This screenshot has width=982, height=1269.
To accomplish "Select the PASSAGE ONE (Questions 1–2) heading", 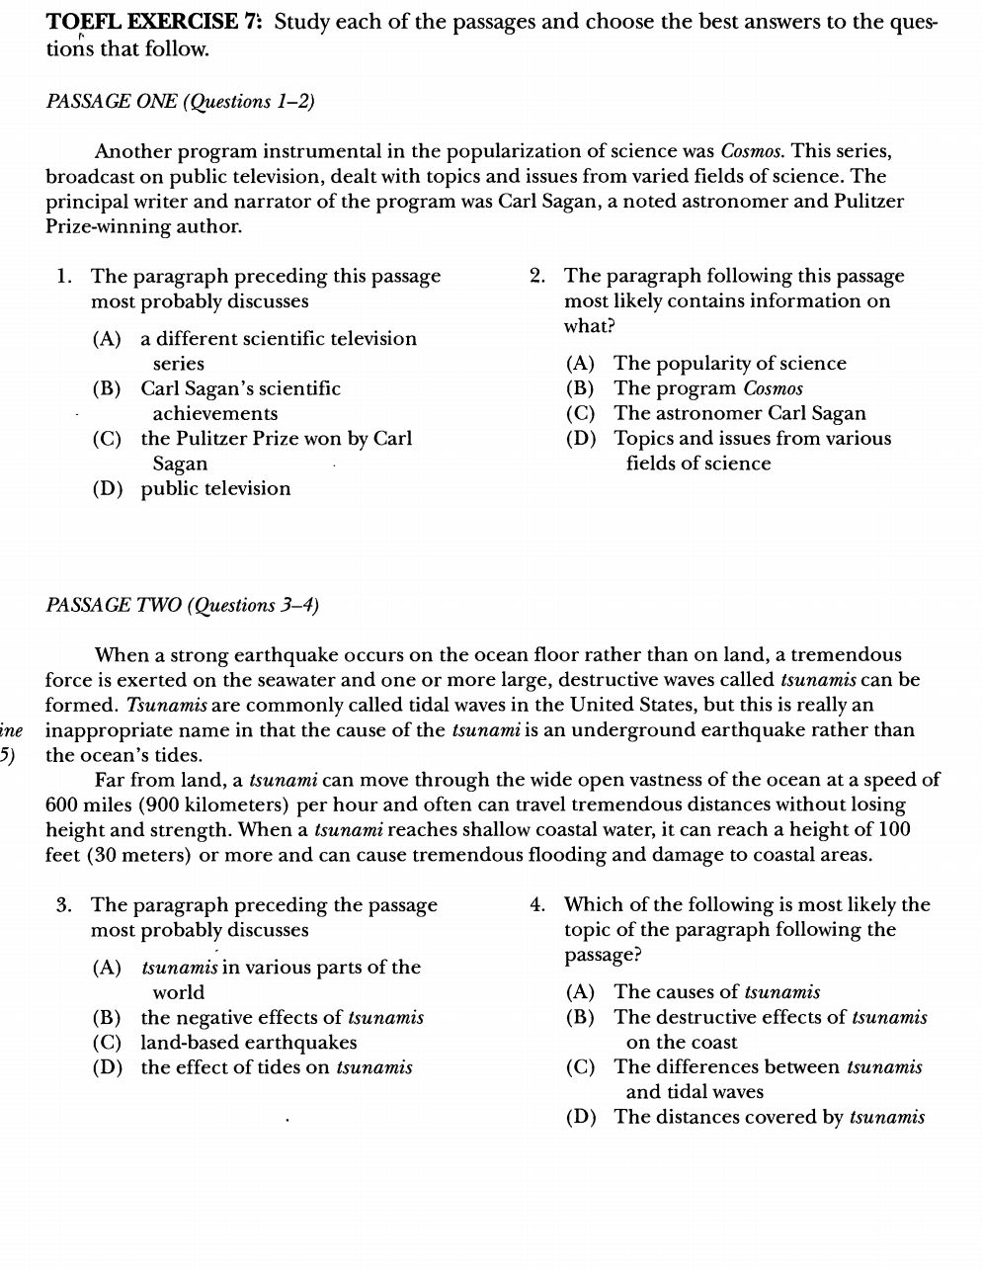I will point(180,102).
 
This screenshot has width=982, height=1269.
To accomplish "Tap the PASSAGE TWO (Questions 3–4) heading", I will point(182,606).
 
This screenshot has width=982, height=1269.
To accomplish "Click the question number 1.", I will point(64,277).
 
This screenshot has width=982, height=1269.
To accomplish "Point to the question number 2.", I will point(537,277).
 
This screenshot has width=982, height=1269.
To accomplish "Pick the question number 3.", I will point(64,905).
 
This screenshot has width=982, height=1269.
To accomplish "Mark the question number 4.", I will point(537,905).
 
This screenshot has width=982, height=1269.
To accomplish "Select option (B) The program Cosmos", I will point(685,389).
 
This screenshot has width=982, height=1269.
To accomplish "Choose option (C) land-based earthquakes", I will point(224,1043).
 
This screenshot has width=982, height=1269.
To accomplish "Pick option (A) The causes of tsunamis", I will point(693,992).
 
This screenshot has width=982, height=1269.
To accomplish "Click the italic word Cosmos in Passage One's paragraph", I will point(753,152).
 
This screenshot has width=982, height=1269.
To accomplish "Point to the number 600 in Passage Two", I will point(63,805).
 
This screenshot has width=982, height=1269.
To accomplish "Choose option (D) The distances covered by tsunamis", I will point(746,1118).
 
